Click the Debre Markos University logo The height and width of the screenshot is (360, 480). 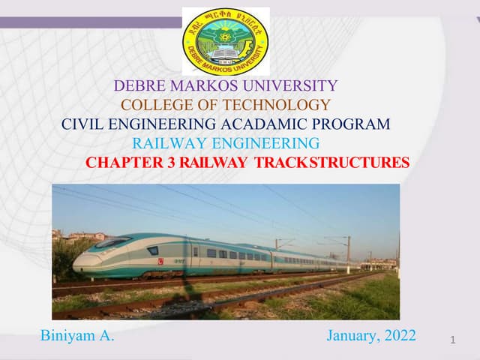226,41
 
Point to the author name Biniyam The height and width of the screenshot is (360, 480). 69,335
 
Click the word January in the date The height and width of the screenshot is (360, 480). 352,335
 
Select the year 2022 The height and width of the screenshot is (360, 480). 399,335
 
